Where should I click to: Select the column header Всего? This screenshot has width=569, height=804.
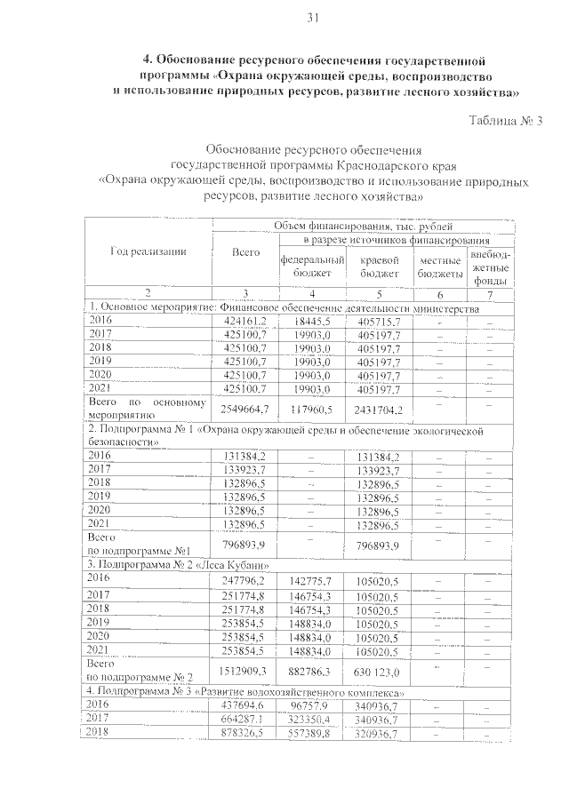click(x=244, y=252)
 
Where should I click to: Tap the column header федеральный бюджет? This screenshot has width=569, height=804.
click(x=305, y=267)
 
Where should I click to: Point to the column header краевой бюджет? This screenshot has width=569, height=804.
click(x=377, y=267)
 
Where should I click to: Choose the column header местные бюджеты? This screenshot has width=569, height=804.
click(x=439, y=267)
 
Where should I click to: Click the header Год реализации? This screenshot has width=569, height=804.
click(x=148, y=251)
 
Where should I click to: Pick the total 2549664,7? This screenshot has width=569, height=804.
click(x=244, y=410)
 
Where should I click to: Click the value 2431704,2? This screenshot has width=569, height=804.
click(x=378, y=410)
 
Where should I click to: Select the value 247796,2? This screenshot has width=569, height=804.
click(x=244, y=579)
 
